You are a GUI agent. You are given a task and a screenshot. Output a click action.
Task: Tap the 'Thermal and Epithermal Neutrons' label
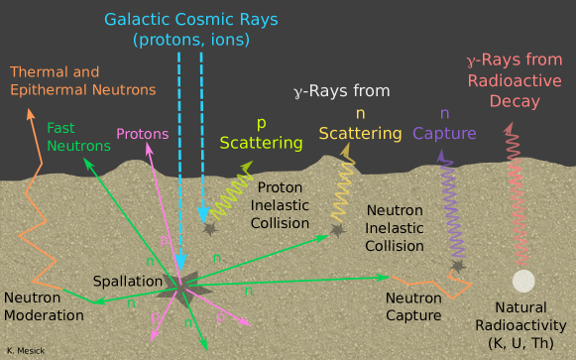(83, 81)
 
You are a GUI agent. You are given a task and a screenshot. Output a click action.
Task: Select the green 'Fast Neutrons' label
(78, 137)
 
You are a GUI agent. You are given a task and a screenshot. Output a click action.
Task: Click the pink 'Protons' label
(142, 134)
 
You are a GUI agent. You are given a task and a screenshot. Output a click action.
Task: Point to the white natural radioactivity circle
(523, 281)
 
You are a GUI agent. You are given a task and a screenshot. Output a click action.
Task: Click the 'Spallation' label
(127, 282)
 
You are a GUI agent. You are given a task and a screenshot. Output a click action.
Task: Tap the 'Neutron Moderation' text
(44, 306)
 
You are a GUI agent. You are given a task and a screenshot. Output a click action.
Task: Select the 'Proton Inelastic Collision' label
(288, 205)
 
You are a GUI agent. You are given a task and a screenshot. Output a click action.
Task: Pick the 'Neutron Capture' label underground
(413, 306)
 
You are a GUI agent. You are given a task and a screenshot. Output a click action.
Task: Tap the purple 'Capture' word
(444, 134)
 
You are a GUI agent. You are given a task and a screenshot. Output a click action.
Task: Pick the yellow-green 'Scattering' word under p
(261, 143)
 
